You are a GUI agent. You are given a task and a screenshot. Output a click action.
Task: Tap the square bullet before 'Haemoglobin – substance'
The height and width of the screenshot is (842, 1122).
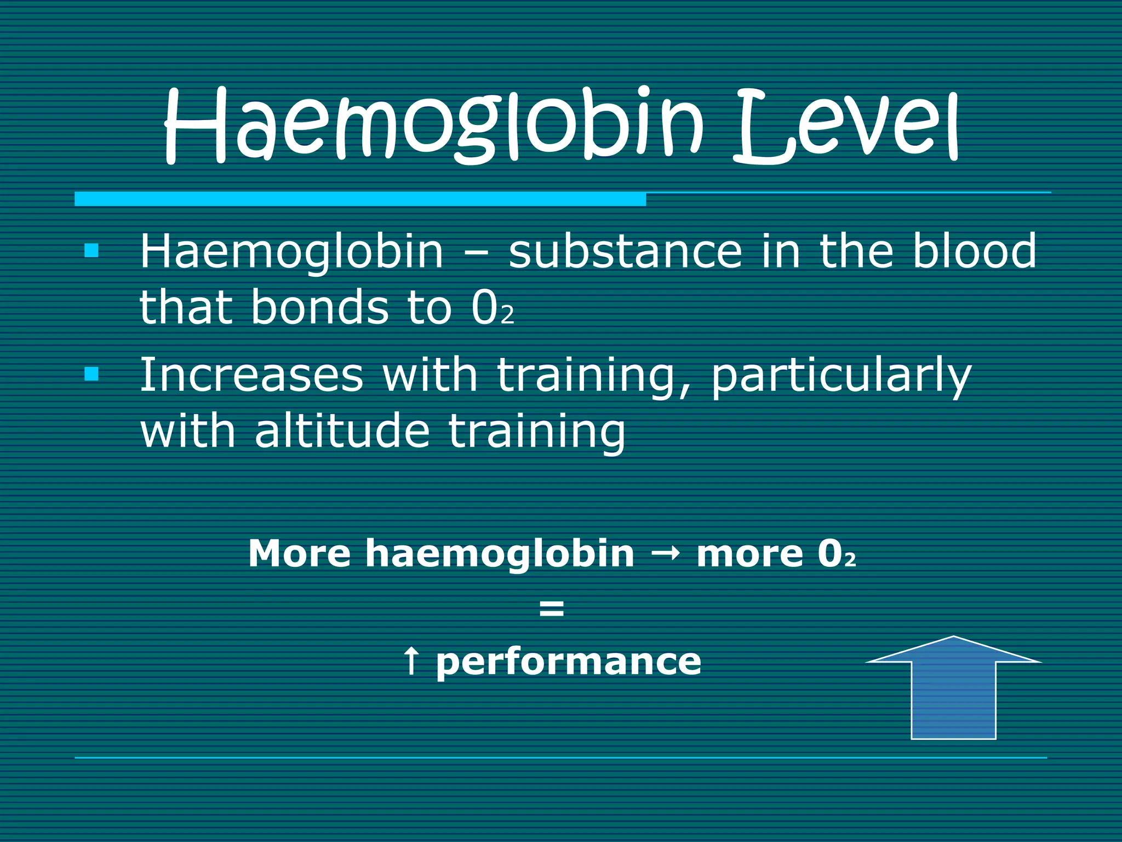coord(91,251)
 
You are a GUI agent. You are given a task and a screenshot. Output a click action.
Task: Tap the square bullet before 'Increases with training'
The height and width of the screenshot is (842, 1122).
coord(91,374)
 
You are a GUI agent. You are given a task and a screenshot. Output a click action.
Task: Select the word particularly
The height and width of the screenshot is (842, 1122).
coord(840,377)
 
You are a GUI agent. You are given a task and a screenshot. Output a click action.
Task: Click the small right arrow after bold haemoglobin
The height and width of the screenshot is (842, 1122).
coord(665,554)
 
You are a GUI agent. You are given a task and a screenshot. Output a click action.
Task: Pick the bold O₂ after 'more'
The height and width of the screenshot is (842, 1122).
coord(836,554)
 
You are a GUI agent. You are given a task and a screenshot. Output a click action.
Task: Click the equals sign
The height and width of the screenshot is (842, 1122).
coord(551,608)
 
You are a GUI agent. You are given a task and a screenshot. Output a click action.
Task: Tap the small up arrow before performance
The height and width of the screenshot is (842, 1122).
coord(411,661)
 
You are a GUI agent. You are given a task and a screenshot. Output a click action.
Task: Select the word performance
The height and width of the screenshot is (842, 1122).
coord(568,663)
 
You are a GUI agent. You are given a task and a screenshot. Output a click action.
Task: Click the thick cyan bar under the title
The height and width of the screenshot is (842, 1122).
coord(360,199)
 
